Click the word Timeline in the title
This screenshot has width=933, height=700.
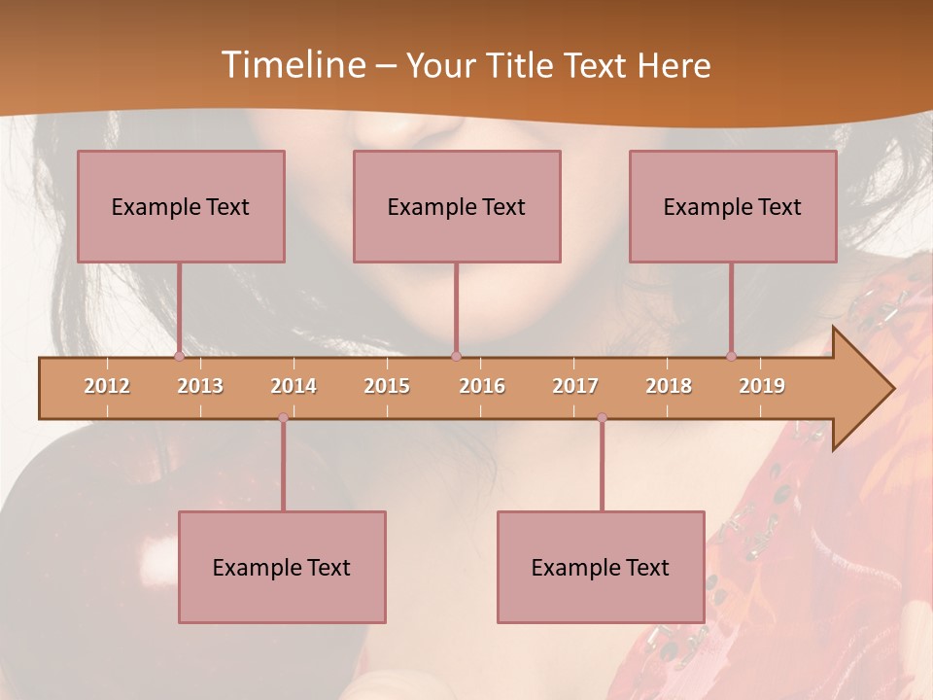(x=293, y=65)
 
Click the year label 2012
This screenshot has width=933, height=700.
(x=107, y=386)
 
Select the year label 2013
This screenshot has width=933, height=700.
(x=200, y=386)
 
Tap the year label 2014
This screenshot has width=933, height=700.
(x=294, y=386)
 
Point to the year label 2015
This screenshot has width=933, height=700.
(x=387, y=386)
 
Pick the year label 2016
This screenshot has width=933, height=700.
(x=482, y=386)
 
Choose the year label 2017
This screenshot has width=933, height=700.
(x=575, y=386)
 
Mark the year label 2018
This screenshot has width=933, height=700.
(x=669, y=386)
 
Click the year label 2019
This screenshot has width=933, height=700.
(x=762, y=386)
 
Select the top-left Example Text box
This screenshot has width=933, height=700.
(x=181, y=206)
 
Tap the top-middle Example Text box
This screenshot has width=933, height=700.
(x=457, y=206)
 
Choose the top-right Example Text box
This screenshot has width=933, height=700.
(x=733, y=206)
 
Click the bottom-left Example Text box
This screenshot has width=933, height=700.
(x=282, y=567)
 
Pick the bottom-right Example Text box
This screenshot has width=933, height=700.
(x=601, y=567)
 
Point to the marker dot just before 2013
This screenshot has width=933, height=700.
(x=179, y=357)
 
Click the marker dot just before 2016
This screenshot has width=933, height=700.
(x=456, y=357)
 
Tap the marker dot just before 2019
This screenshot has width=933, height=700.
(x=731, y=357)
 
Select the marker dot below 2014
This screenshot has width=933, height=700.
(x=283, y=418)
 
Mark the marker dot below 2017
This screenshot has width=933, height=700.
(x=602, y=418)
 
